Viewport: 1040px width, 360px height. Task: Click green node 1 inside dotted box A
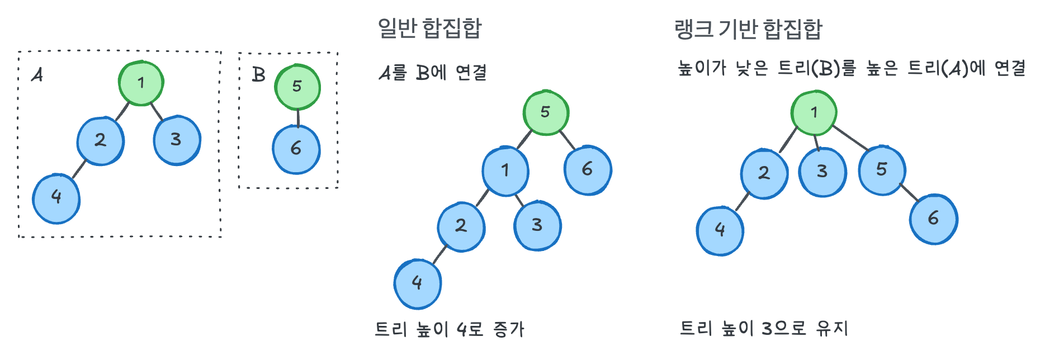(x=141, y=83)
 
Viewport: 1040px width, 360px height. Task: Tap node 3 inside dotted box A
(x=177, y=140)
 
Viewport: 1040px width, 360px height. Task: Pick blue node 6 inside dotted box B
(x=296, y=149)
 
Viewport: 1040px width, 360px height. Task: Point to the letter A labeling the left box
(x=37, y=74)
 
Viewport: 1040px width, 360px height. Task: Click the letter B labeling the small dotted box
(x=258, y=74)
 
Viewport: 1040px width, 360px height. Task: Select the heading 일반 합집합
(x=429, y=28)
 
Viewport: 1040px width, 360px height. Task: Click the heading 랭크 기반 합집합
(x=748, y=29)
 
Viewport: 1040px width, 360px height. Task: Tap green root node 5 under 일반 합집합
(x=546, y=112)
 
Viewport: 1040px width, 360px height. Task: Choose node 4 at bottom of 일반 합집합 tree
(x=417, y=283)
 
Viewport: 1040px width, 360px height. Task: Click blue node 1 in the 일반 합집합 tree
(x=505, y=170)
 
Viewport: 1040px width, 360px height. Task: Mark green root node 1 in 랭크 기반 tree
(x=814, y=112)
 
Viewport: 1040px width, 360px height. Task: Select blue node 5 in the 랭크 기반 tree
(x=882, y=170)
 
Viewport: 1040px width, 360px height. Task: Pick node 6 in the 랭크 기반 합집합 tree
(x=933, y=219)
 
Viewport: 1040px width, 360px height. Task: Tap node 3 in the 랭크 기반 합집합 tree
(x=822, y=172)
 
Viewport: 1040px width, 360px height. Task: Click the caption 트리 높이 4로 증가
(x=450, y=329)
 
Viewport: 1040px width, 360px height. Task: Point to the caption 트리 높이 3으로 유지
(x=764, y=328)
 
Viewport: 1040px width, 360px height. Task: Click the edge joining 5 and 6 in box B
(x=297, y=118)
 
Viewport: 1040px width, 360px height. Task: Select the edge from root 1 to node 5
(x=850, y=138)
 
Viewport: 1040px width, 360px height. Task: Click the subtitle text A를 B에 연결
(x=433, y=73)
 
